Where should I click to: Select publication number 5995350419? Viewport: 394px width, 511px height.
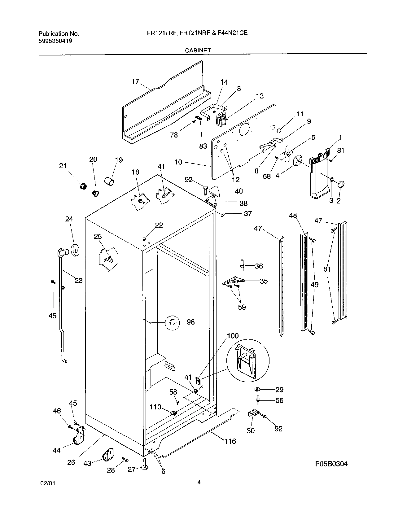coord(55,41)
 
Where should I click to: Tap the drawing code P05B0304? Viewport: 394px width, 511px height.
coord(331,464)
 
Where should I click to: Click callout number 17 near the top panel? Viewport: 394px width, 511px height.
coord(135,82)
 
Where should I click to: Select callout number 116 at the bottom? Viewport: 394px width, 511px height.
coord(230,441)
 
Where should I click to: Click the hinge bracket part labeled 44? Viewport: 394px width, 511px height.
coord(79,437)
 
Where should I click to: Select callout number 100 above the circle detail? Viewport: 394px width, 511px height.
coord(233,336)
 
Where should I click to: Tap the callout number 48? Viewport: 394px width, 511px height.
coord(293,215)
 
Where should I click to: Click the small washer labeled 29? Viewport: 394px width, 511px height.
coord(257,389)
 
